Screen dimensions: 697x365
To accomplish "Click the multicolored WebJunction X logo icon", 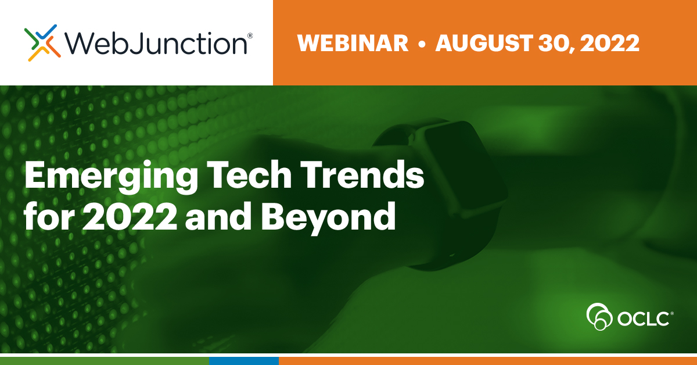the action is point(42,43).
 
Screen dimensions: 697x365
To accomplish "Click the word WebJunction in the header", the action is point(156,44).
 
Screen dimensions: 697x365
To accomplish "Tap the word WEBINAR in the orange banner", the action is point(353,43).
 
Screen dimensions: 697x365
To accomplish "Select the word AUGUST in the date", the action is point(484,43).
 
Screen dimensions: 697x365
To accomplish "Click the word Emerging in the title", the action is point(111,177).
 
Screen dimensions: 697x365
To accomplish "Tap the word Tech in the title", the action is point(249,174).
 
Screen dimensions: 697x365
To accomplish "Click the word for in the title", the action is point(49,216).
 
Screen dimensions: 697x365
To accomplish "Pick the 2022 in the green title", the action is point(130,216).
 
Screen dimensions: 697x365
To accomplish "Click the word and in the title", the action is point(218,216).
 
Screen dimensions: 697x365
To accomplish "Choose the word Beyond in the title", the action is point(328,218).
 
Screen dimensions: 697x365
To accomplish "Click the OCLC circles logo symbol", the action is point(599,316).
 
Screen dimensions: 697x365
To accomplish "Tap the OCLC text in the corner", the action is point(643,319).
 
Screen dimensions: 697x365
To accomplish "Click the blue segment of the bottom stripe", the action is point(243,361).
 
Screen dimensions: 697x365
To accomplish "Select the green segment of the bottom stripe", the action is point(105,361).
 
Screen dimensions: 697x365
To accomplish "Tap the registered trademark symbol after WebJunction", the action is point(250,35).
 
